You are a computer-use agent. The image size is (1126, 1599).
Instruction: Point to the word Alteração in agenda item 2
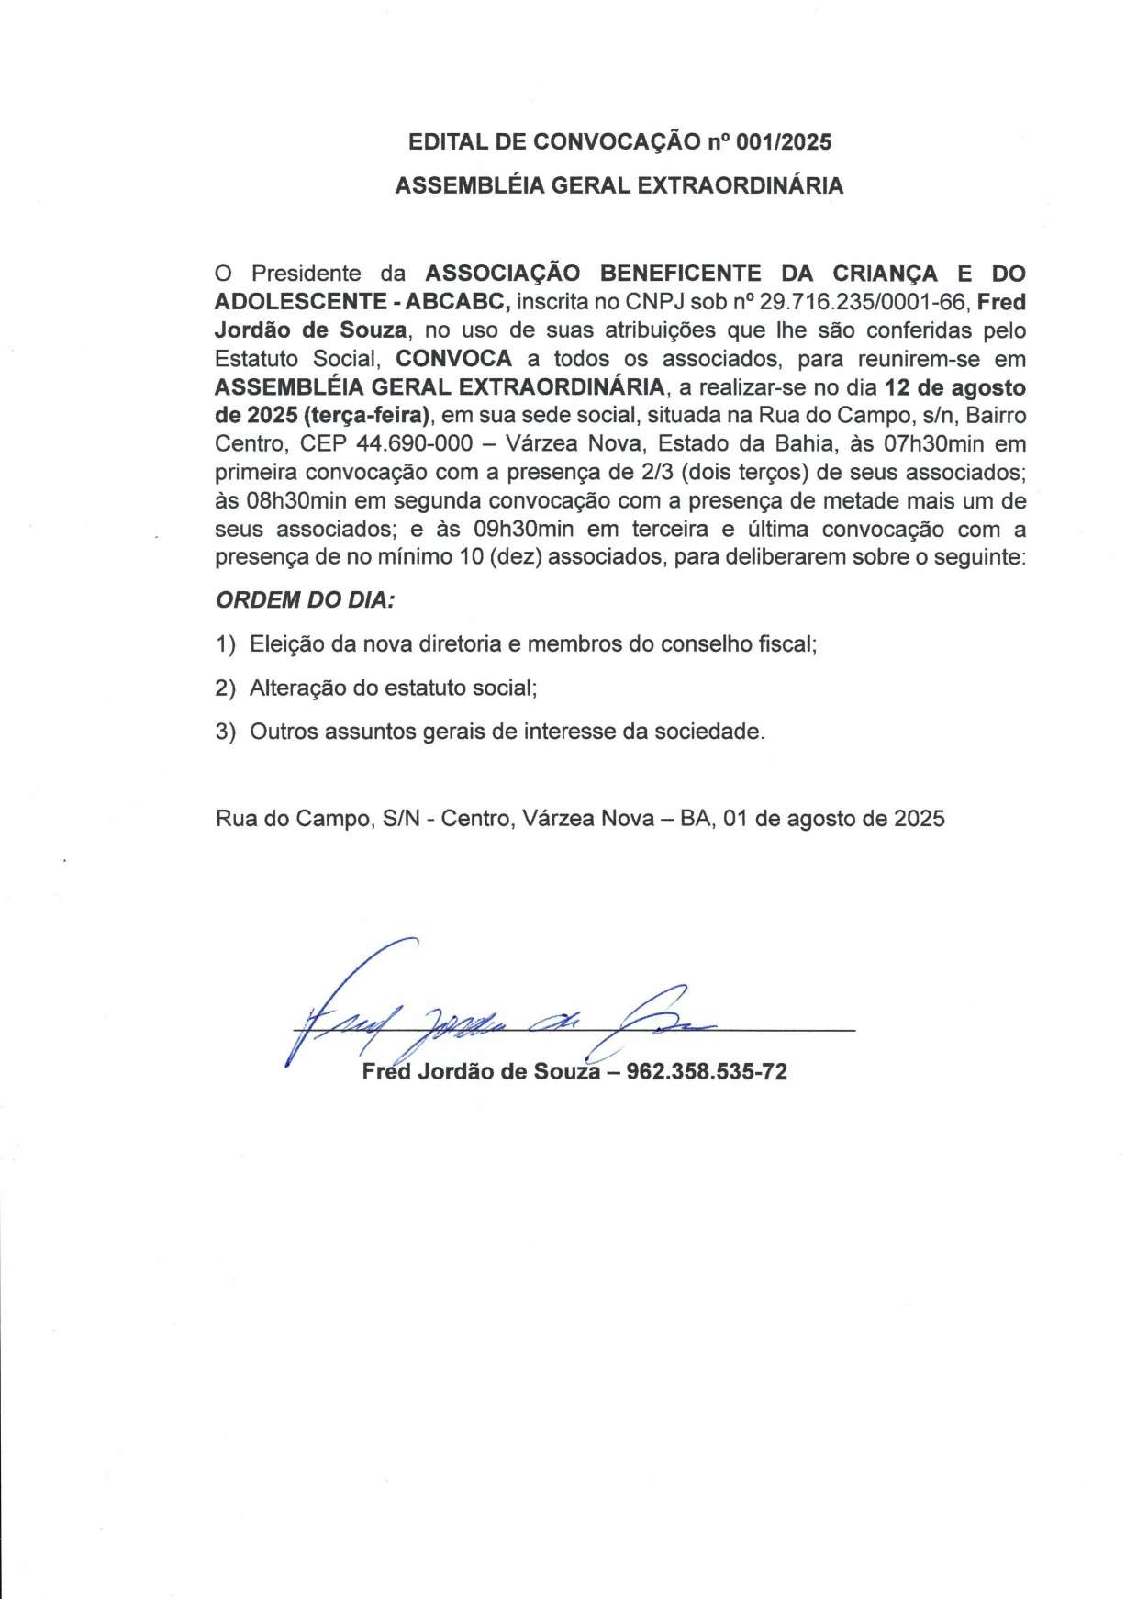pos(299,688)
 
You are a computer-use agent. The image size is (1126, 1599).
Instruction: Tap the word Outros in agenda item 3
pos(284,732)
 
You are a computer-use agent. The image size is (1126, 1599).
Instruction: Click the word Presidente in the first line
pos(307,273)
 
